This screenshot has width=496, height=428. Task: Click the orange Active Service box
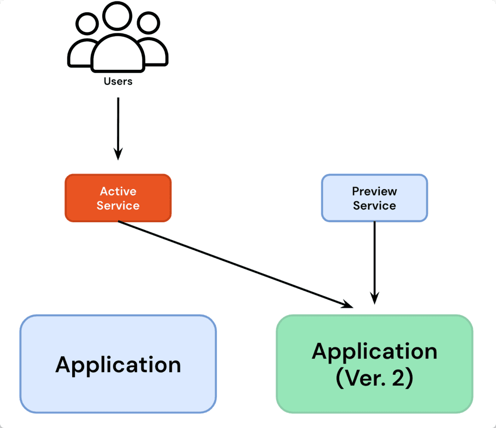(118, 198)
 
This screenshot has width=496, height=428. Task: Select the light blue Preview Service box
(374, 198)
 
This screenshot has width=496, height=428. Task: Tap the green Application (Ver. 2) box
(374, 364)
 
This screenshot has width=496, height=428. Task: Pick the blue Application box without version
(118, 364)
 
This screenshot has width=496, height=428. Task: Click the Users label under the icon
(118, 81)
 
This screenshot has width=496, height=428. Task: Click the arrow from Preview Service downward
(374, 261)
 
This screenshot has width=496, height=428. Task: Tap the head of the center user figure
(117, 16)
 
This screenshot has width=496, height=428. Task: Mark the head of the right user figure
(148, 23)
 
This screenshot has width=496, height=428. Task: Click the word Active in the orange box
(118, 191)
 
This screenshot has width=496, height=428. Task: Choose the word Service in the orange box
(118, 205)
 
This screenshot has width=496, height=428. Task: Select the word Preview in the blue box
(374, 191)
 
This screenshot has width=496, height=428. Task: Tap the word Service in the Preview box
(374, 205)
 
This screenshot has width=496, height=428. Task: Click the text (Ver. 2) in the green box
(374, 378)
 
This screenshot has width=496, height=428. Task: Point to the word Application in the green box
(374, 352)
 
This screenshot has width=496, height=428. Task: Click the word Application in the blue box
(118, 364)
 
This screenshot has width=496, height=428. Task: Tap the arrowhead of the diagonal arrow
(348, 305)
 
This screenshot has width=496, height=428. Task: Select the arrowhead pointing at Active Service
(118, 154)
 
